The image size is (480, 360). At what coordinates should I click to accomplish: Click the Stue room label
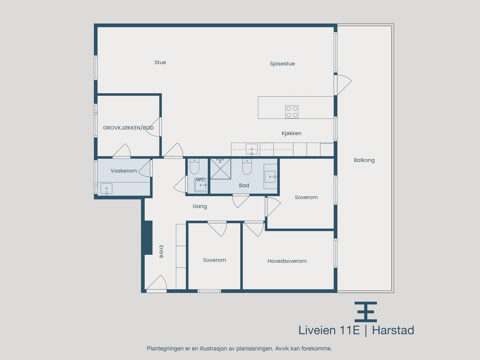[x=160, y=62]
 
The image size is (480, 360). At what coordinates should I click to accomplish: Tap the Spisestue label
[x=282, y=64]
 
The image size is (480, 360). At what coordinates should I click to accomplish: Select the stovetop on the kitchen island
[x=292, y=112]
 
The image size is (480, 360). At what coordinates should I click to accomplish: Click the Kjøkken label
[x=291, y=133]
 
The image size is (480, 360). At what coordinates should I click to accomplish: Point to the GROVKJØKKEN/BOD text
[x=128, y=128]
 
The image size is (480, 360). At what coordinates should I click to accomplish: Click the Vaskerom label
[x=124, y=171]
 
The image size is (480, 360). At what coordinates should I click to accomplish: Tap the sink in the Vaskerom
[x=106, y=189]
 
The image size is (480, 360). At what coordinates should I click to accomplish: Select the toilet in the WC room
[x=194, y=167]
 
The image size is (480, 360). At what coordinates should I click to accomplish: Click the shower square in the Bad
[x=220, y=169]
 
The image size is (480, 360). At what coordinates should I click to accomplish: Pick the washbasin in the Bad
[x=270, y=177]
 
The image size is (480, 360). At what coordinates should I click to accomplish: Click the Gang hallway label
[x=200, y=206]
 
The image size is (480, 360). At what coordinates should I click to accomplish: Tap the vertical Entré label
[x=161, y=251]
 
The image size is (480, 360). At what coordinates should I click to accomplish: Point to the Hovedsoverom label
[x=287, y=261]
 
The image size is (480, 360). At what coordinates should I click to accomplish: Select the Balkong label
[x=364, y=160]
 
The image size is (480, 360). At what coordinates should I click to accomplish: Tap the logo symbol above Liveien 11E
[x=366, y=312]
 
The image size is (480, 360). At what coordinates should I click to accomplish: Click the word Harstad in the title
[x=393, y=330]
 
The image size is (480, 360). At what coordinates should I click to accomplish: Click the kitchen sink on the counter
[x=251, y=149]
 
